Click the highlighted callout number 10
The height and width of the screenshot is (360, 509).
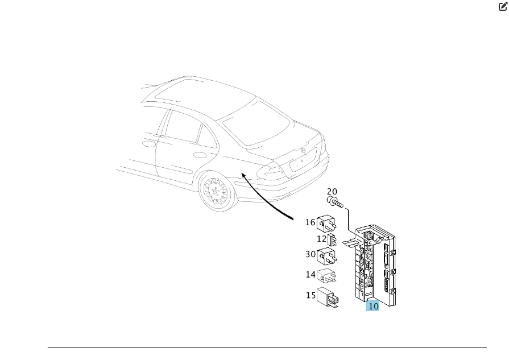(373, 306)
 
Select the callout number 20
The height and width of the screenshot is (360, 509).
(332, 192)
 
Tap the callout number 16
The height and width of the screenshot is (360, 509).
(310, 222)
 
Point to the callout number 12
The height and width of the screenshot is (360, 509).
(321, 239)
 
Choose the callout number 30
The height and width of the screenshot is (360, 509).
(311, 254)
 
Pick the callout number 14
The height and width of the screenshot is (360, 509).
(311, 275)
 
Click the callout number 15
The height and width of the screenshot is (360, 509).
(311, 295)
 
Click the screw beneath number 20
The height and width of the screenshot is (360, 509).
(335, 202)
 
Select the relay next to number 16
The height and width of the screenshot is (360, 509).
(326, 224)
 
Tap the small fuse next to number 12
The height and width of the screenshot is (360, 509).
(332, 239)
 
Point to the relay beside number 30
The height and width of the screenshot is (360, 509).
(326, 256)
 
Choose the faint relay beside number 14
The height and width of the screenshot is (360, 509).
(326, 276)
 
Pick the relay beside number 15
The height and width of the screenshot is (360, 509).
(328, 297)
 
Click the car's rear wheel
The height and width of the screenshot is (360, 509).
(217, 192)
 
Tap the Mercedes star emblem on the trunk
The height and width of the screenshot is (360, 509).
(304, 150)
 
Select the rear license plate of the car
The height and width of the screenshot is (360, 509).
(303, 160)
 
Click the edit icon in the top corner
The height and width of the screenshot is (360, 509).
(503, 6)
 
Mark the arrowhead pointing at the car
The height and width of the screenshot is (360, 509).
(244, 176)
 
